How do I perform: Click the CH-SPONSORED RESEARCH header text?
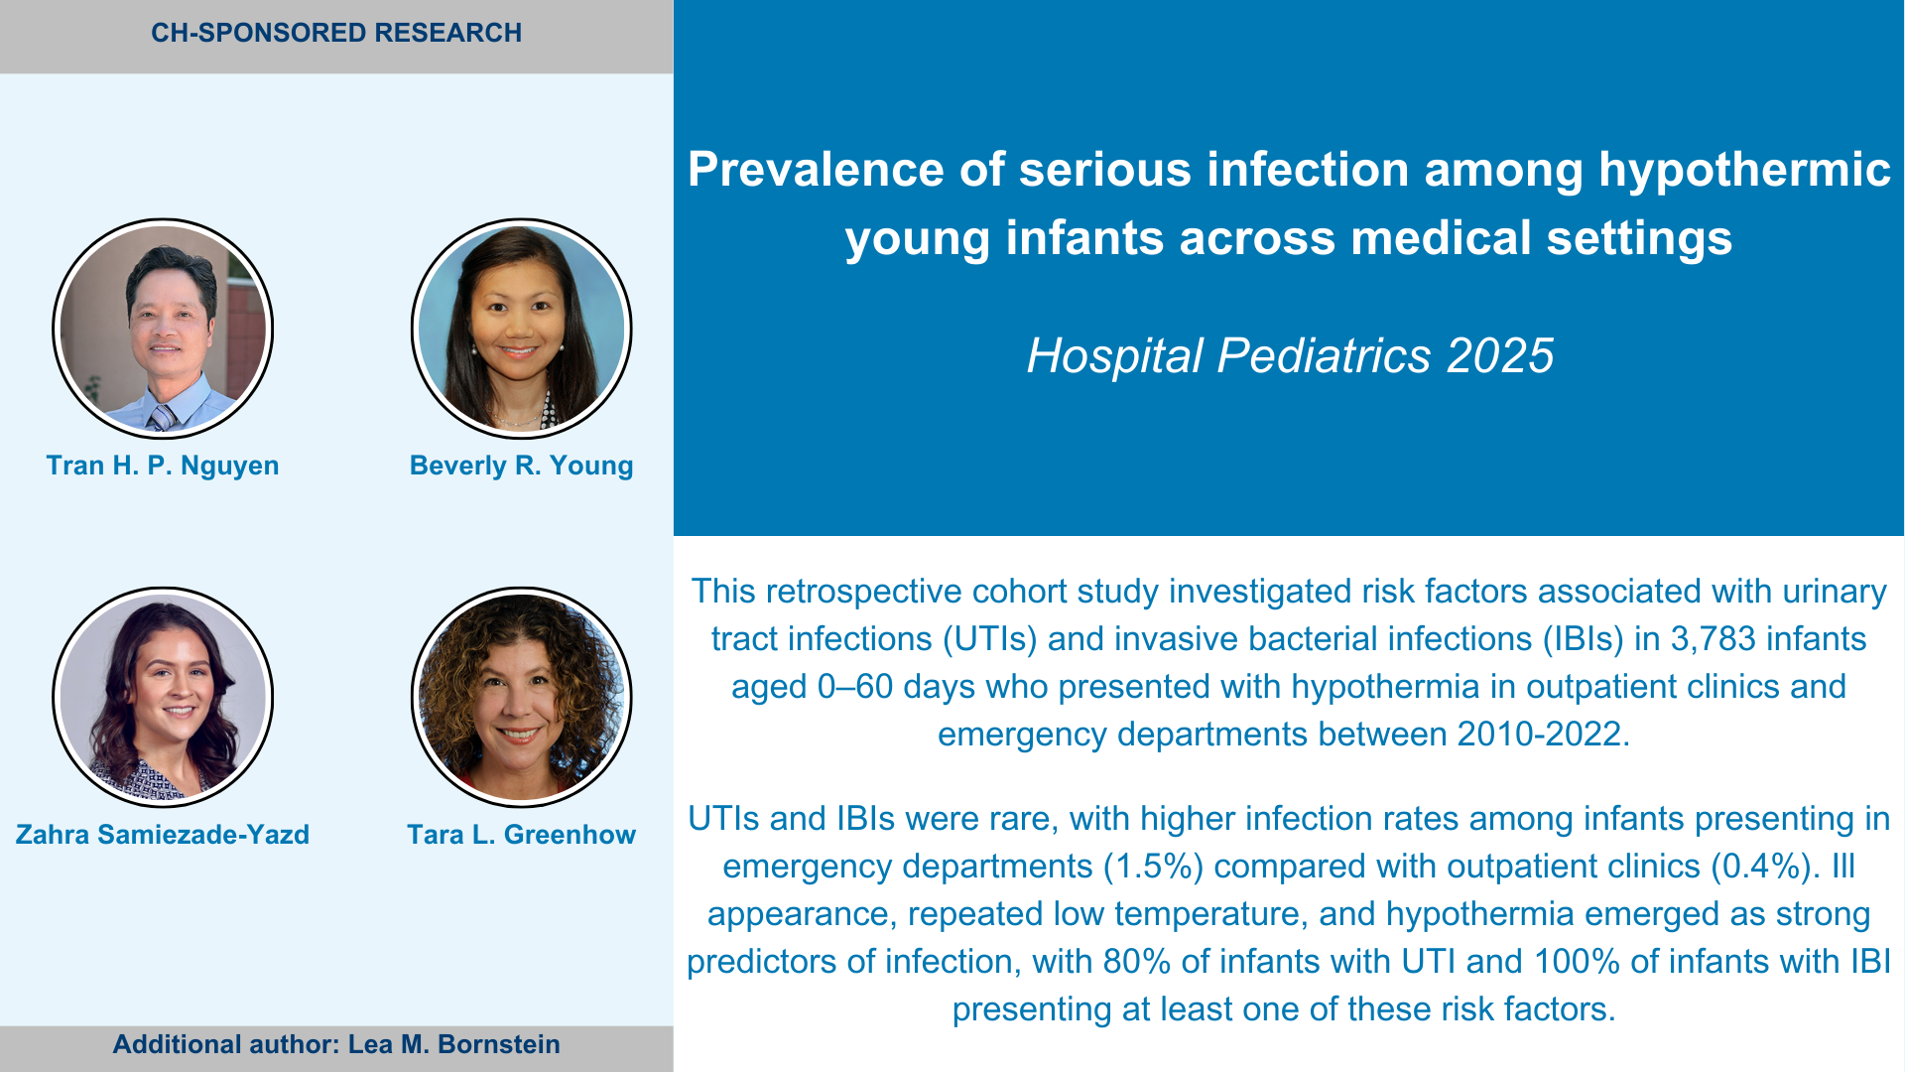(336, 33)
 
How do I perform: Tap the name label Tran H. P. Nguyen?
(163, 466)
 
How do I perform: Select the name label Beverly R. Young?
(522, 466)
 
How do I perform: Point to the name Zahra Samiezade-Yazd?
(163, 835)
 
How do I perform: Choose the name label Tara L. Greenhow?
(522, 835)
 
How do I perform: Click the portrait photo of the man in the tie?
(163, 329)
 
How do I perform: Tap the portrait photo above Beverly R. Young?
(522, 329)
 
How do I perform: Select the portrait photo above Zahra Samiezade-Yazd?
(163, 697)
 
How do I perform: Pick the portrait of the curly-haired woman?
(522, 697)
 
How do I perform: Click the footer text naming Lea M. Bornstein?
(336, 1044)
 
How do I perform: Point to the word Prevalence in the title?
(816, 169)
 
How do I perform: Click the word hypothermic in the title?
(1745, 171)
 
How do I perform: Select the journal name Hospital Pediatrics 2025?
(1290, 355)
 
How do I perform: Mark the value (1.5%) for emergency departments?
(1154, 867)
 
